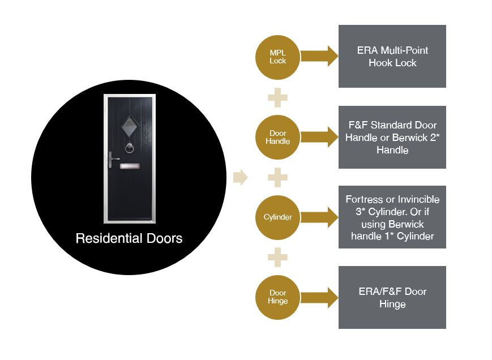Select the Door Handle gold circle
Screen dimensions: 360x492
[277, 137]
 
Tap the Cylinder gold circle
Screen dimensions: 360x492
[277, 217]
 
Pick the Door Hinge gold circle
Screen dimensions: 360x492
[277, 297]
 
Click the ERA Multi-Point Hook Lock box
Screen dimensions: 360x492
[392, 57]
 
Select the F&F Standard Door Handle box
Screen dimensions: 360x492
[392, 137]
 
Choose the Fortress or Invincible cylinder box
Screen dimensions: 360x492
[392, 217]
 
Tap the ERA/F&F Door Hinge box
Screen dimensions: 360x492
[392, 297]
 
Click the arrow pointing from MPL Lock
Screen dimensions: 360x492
[319, 56]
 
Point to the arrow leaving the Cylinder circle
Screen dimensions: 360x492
[319, 217]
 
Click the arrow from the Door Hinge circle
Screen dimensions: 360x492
[319, 297]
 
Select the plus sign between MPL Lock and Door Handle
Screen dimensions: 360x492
[277, 97]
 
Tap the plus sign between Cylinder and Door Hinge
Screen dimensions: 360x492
[277, 256]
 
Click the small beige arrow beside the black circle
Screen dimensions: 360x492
[241, 177]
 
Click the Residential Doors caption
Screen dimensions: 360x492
[129, 238]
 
